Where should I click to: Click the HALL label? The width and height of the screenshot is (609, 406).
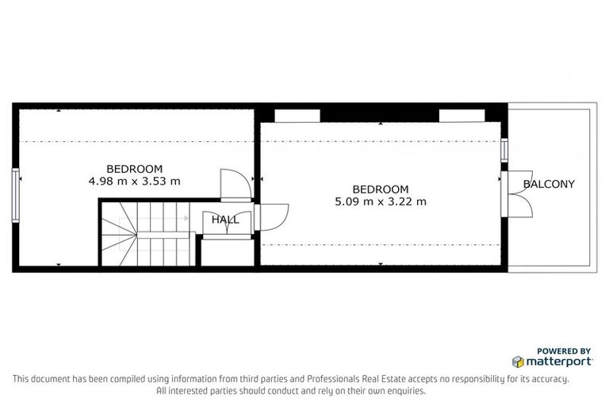tap(224, 220)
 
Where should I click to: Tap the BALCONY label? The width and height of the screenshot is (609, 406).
tap(549, 184)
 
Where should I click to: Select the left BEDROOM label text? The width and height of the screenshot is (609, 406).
tap(135, 168)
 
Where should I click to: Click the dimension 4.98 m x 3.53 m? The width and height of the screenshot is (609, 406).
tap(135, 181)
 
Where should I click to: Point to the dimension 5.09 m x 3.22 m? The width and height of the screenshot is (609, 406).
tap(381, 201)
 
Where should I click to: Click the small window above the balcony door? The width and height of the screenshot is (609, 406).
tap(503, 151)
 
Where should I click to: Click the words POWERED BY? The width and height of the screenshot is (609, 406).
tap(564, 350)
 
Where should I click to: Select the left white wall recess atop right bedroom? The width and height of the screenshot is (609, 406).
tap(297, 116)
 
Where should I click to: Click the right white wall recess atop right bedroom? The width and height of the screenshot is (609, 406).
tap(462, 116)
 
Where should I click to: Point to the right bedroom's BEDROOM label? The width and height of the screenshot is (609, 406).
tap(381, 190)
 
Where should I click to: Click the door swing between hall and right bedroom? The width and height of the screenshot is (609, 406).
tap(274, 216)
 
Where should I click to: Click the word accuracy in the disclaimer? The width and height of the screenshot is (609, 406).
tap(547, 379)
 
